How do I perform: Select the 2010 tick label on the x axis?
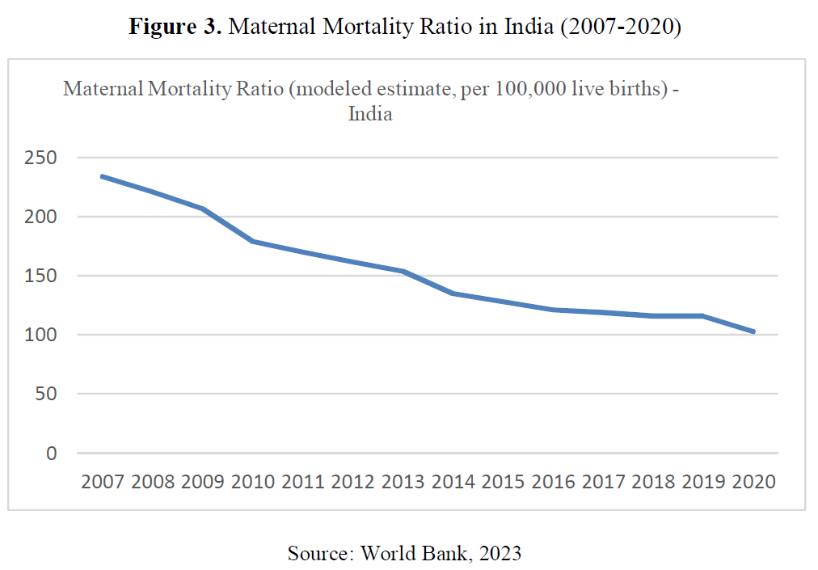253,482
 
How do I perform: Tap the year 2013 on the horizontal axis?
403,482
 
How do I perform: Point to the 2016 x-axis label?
554,482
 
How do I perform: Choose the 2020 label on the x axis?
753,482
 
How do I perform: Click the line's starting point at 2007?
102,176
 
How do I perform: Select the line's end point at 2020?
753,331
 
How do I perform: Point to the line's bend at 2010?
253,241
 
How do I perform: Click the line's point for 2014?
453,293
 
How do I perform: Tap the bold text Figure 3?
175,27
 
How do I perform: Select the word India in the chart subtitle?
370,114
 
